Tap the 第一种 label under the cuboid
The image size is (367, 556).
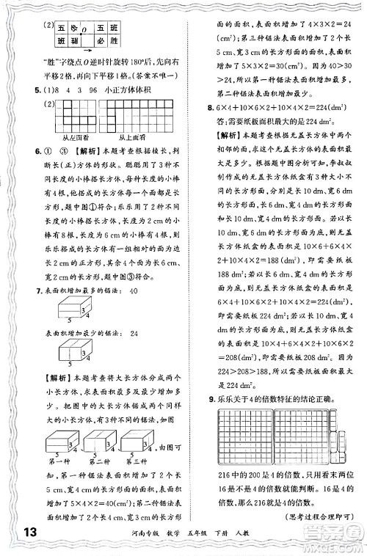click(61, 461)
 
